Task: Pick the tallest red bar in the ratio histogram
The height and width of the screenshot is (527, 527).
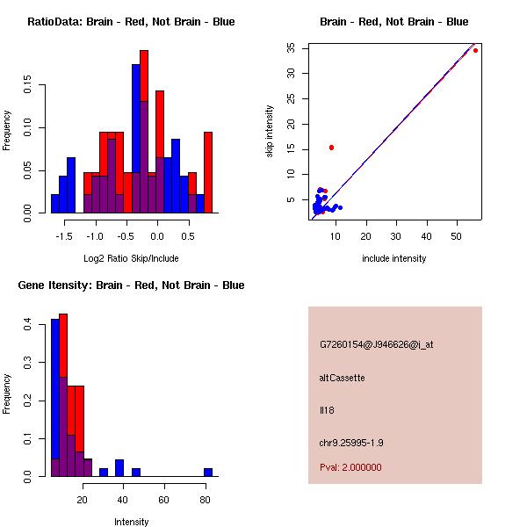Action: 144,105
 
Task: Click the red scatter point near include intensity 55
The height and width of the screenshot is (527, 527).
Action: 475,51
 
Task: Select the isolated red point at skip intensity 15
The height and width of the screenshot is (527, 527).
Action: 331,148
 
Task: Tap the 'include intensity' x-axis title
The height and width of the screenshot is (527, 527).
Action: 394,258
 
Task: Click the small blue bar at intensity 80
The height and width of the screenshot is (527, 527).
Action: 208,472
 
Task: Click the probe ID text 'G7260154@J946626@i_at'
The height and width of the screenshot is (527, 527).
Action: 377,344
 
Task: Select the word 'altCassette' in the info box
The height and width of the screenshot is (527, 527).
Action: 343,378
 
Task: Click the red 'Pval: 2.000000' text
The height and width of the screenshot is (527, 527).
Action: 351,467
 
